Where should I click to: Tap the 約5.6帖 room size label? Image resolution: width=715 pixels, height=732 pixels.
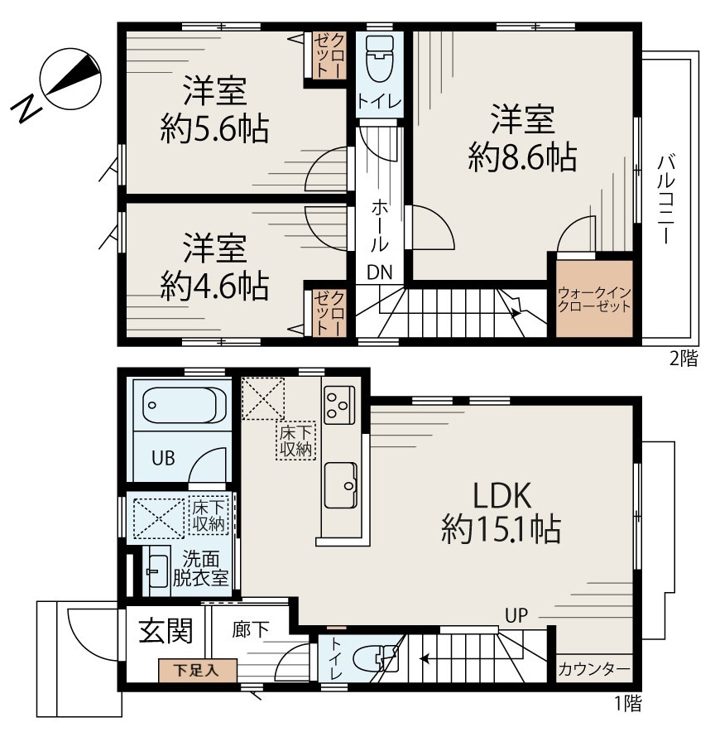(x=214, y=129)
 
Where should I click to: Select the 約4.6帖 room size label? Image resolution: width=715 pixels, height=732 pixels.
(x=214, y=287)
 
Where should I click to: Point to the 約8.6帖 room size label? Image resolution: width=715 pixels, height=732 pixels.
(x=522, y=157)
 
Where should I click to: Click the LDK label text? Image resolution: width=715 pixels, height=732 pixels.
(x=501, y=496)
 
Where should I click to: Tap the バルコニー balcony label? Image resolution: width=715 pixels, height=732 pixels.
(x=666, y=200)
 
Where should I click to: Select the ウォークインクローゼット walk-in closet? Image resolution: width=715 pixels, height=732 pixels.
(x=594, y=299)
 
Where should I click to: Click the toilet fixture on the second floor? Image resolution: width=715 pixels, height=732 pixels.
(x=380, y=60)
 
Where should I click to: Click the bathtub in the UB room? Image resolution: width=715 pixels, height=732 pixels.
(x=180, y=405)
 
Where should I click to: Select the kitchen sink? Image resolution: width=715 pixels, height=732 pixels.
(x=341, y=485)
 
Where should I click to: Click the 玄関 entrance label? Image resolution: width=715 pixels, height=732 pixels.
(x=166, y=631)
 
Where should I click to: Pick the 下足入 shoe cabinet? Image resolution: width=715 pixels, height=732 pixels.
(x=198, y=671)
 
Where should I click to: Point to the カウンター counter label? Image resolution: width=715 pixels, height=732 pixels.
(x=594, y=670)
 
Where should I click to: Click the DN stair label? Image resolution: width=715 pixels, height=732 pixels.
(x=380, y=272)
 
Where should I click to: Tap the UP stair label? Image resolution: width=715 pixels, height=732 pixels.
(x=516, y=615)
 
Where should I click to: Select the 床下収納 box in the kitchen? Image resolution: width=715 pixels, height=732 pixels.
(x=296, y=441)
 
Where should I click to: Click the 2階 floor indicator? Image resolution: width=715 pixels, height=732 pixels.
(x=684, y=359)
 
